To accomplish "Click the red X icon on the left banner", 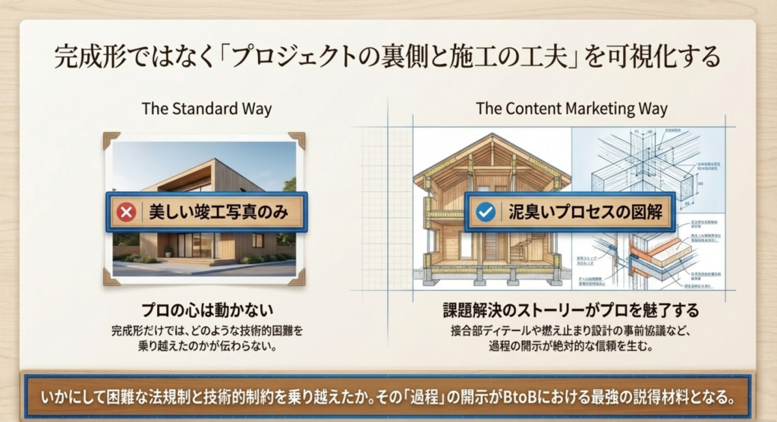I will tap(127, 212).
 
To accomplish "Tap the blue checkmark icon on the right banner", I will tap(486, 212).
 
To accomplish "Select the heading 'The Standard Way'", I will tap(206, 109).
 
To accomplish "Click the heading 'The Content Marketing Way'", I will tap(571, 109).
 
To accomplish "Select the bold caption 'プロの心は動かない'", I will tap(206, 310).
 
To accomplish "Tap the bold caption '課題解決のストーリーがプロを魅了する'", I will tap(571, 310).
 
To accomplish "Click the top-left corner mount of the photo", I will tap(112, 140).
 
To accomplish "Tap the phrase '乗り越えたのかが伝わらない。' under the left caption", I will tap(206, 346).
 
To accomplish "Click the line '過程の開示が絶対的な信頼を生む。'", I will tap(571, 346).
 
